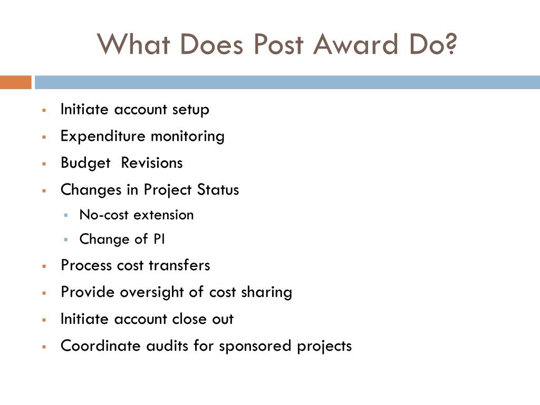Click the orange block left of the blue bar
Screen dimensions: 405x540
tap(15, 82)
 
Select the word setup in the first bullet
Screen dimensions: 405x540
tap(190, 110)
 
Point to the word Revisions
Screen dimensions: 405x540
tap(152, 163)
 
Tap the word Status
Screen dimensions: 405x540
tap(218, 190)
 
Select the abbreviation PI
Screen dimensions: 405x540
tap(159, 239)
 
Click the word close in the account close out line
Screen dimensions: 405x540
tap(190, 319)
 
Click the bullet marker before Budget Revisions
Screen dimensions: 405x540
tap(45, 163)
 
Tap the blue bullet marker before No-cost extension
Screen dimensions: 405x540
tap(66, 215)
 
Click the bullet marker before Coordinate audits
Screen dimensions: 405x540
tap(45, 346)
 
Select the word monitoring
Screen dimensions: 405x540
tap(188, 136)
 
